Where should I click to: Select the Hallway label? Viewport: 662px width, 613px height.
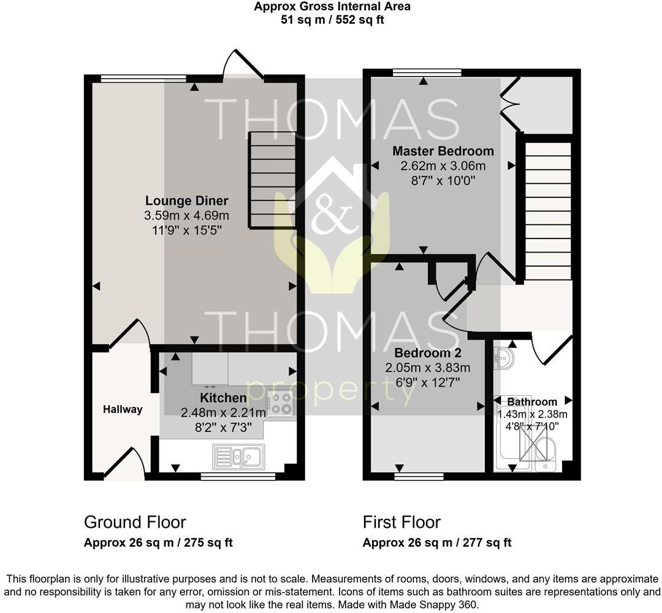coord(123,409)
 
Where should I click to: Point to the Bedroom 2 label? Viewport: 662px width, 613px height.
coord(427,353)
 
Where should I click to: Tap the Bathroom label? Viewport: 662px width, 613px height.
coord(532,402)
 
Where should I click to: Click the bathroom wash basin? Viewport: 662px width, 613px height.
coord(504,359)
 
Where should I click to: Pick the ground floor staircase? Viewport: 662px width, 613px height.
coord(272,181)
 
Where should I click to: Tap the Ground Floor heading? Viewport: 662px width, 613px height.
coord(135,522)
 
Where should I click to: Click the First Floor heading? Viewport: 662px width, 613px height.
coord(401,522)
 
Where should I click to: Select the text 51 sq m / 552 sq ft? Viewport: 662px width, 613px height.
coord(332,20)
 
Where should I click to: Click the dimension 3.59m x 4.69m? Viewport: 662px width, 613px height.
coord(186,216)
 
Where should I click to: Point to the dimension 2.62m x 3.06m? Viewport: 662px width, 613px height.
coord(443,166)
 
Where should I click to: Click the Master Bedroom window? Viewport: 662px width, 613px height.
coord(427,72)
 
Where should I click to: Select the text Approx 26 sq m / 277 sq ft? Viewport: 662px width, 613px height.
coord(437,543)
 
